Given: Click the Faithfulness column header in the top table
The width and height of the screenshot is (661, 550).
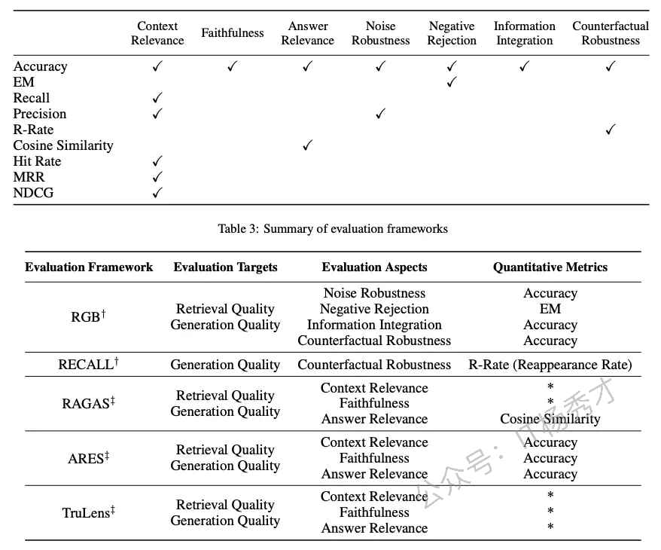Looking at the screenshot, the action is (x=233, y=33).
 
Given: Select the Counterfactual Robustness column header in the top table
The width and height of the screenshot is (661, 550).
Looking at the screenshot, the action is (x=611, y=33).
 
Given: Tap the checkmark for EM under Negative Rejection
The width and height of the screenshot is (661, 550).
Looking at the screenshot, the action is (x=452, y=82).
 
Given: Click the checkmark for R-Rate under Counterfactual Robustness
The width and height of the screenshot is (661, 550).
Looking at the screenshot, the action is (x=611, y=130).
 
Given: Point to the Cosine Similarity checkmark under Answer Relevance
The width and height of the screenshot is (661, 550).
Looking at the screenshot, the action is (x=308, y=145).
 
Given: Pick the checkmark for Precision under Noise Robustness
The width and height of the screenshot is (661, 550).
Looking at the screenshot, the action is (x=381, y=114).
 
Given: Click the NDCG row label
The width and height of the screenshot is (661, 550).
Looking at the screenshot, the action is (x=33, y=193).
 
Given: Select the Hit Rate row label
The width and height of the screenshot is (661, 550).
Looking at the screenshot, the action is (x=37, y=161).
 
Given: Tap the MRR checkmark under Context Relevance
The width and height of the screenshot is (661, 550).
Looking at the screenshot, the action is (x=157, y=177).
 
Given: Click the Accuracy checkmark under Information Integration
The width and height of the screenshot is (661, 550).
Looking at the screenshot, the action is (x=524, y=66).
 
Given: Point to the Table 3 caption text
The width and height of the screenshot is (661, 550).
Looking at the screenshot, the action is (x=333, y=228).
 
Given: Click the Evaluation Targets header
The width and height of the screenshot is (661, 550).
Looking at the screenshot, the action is (x=226, y=267).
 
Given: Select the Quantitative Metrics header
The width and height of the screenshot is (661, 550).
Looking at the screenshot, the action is (x=550, y=267).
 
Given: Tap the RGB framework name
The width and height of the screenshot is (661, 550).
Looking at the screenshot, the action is (x=88, y=316).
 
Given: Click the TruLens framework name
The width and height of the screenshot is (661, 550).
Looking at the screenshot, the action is (x=89, y=512).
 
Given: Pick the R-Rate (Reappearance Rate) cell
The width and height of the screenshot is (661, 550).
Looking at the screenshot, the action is (x=550, y=365).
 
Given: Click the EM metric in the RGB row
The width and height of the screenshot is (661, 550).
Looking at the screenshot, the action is (x=550, y=309).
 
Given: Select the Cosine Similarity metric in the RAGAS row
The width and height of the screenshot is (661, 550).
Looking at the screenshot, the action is (x=550, y=419).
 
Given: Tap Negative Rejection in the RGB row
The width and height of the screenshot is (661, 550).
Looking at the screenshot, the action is (x=374, y=309).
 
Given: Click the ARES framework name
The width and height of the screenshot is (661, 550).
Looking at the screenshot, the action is (x=89, y=458).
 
